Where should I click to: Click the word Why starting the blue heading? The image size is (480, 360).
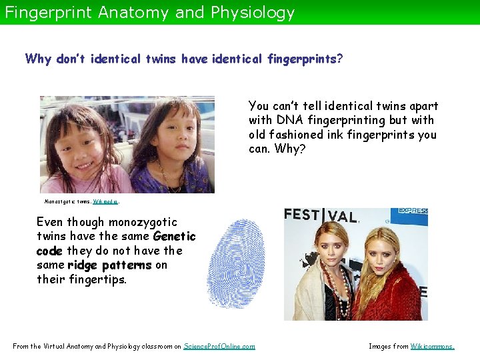[38, 59]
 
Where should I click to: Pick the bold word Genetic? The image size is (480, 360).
[174, 236]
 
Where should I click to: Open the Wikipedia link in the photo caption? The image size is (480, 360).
[106, 201]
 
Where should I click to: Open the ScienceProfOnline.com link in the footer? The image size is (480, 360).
[219, 346]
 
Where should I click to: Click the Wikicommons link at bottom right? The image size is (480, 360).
[432, 346]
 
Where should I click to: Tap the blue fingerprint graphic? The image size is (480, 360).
[237, 263]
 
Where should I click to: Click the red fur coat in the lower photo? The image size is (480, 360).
[393, 293]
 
